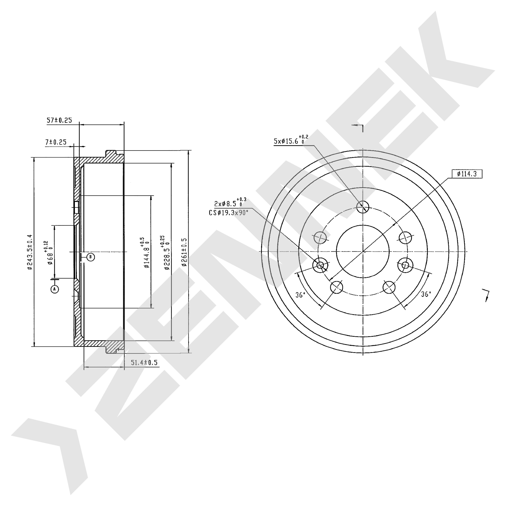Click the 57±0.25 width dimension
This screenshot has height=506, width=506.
[59, 120]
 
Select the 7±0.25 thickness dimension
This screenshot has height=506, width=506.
[56, 142]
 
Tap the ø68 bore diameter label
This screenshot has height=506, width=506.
[50, 253]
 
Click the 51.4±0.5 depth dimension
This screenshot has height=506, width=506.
[144, 362]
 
